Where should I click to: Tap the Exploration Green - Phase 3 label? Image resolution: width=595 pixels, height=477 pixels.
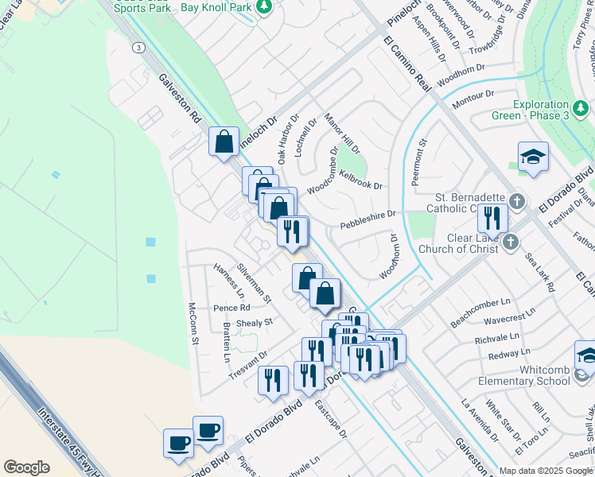pos(551,110)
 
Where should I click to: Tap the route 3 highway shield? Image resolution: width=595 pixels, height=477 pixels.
pos(139,48)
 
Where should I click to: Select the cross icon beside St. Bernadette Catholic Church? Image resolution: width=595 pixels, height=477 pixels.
pos(518,200)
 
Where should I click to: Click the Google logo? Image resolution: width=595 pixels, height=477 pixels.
pos(26,467)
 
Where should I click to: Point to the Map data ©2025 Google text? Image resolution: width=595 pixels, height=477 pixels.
pos(546,471)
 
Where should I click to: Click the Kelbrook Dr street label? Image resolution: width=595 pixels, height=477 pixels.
pos(360,180)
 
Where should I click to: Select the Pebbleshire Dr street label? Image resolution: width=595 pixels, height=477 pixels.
pos(367,219)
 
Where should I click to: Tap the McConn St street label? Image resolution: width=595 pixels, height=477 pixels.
pos(192,324)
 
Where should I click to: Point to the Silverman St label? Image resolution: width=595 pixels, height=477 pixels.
pos(255,284)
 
